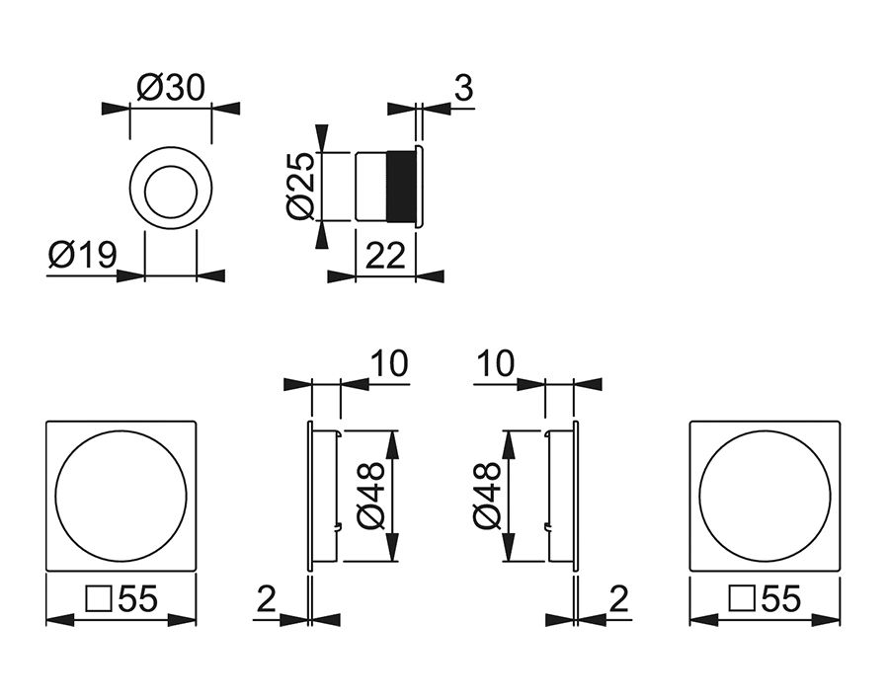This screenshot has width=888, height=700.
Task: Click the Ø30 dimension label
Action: point(171,88)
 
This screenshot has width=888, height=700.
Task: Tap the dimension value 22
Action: point(385,257)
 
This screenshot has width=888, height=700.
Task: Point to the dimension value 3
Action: point(462,88)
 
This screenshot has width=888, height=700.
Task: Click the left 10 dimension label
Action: point(389,363)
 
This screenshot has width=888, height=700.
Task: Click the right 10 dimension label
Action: point(495,363)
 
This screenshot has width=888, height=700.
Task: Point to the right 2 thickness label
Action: point(619,599)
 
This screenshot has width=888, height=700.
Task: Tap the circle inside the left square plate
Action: point(121,496)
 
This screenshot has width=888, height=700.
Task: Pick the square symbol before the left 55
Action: point(99,600)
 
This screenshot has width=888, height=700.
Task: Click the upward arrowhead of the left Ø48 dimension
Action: point(394,442)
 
